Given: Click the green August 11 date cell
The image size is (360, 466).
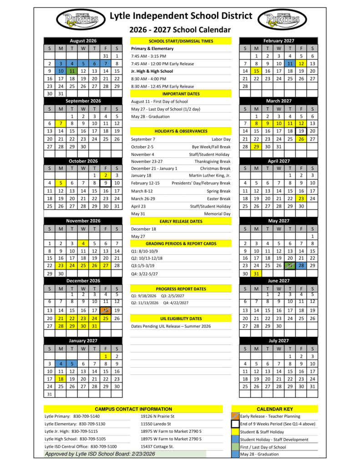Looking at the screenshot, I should pyautogui.click(x=71, y=71).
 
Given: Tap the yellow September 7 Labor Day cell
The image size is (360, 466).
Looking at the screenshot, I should pyautogui.click(x=60, y=123).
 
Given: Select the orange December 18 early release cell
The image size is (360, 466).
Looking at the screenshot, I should pyautogui.click(x=106, y=310).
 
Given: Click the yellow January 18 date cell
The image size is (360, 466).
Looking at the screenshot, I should pyautogui.click(x=60, y=379).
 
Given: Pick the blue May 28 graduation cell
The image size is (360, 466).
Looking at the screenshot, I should pyautogui.click(x=301, y=265).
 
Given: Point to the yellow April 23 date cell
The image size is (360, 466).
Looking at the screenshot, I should pyautogui.click(x=301, y=198).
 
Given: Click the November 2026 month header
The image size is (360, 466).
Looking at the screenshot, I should pyautogui.click(x=83, y=221).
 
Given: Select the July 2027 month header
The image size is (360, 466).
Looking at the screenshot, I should pyautogui.click(x=279, y=340).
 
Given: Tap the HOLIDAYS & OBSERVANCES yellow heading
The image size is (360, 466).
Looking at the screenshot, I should pyautogui.click(x=181, y=131).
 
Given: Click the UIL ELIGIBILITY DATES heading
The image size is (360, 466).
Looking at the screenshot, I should pyautogui.click(x=181, y=319).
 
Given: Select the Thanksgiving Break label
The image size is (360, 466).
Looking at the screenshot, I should pyautogui.click(x=212, y=161).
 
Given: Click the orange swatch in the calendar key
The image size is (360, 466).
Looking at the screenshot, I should pyautogui.click(x=235, y=416).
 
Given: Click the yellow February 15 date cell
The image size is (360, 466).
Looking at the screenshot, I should pyautogui.click(x=256, y=71).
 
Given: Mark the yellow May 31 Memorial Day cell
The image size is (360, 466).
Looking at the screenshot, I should pyautogui.click(x=256, y=274).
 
